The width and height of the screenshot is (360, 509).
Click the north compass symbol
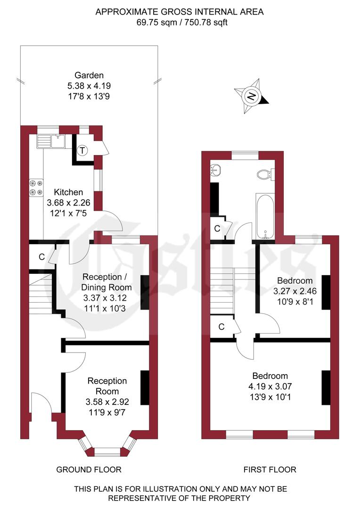click(252, 97)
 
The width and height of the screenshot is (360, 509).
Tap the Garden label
click(89, 75)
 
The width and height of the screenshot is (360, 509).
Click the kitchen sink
click(53, 140)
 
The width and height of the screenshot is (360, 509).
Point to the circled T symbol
click(83, 150)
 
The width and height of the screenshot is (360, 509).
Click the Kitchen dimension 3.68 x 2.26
click(68, 203)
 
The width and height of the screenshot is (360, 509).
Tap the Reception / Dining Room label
click(107, 282)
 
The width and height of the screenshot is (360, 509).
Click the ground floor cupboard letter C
click(41, 257)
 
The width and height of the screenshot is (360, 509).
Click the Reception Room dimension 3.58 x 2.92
click(107, 402)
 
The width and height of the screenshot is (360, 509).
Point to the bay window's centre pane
click(108, 451)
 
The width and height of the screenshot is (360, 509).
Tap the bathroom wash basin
click(216, 170)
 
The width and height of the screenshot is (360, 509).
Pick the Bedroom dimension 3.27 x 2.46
click(295, 292)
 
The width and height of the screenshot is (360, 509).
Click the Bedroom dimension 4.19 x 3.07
click(270, 386)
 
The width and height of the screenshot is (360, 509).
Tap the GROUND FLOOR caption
click(89, 469)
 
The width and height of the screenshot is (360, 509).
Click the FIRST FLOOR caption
click(270, 469)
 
